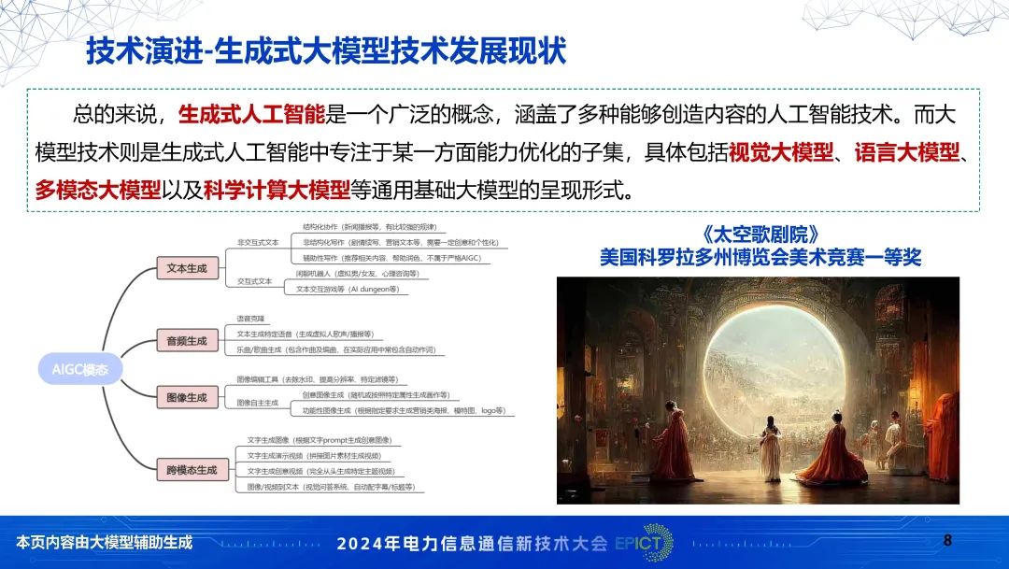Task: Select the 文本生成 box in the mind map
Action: pos(187,268)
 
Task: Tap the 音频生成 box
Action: pos(187,341)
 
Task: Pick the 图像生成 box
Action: pos(187,397)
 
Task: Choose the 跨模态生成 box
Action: pos(192,470)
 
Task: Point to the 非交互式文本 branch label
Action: pos(258,242)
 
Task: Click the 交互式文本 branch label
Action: pos(255,280)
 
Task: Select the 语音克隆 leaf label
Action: pos(250,319)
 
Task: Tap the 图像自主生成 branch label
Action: pos(258,403)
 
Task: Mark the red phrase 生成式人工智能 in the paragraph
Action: pos(251,115)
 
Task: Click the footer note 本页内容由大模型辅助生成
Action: pos(104,542)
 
